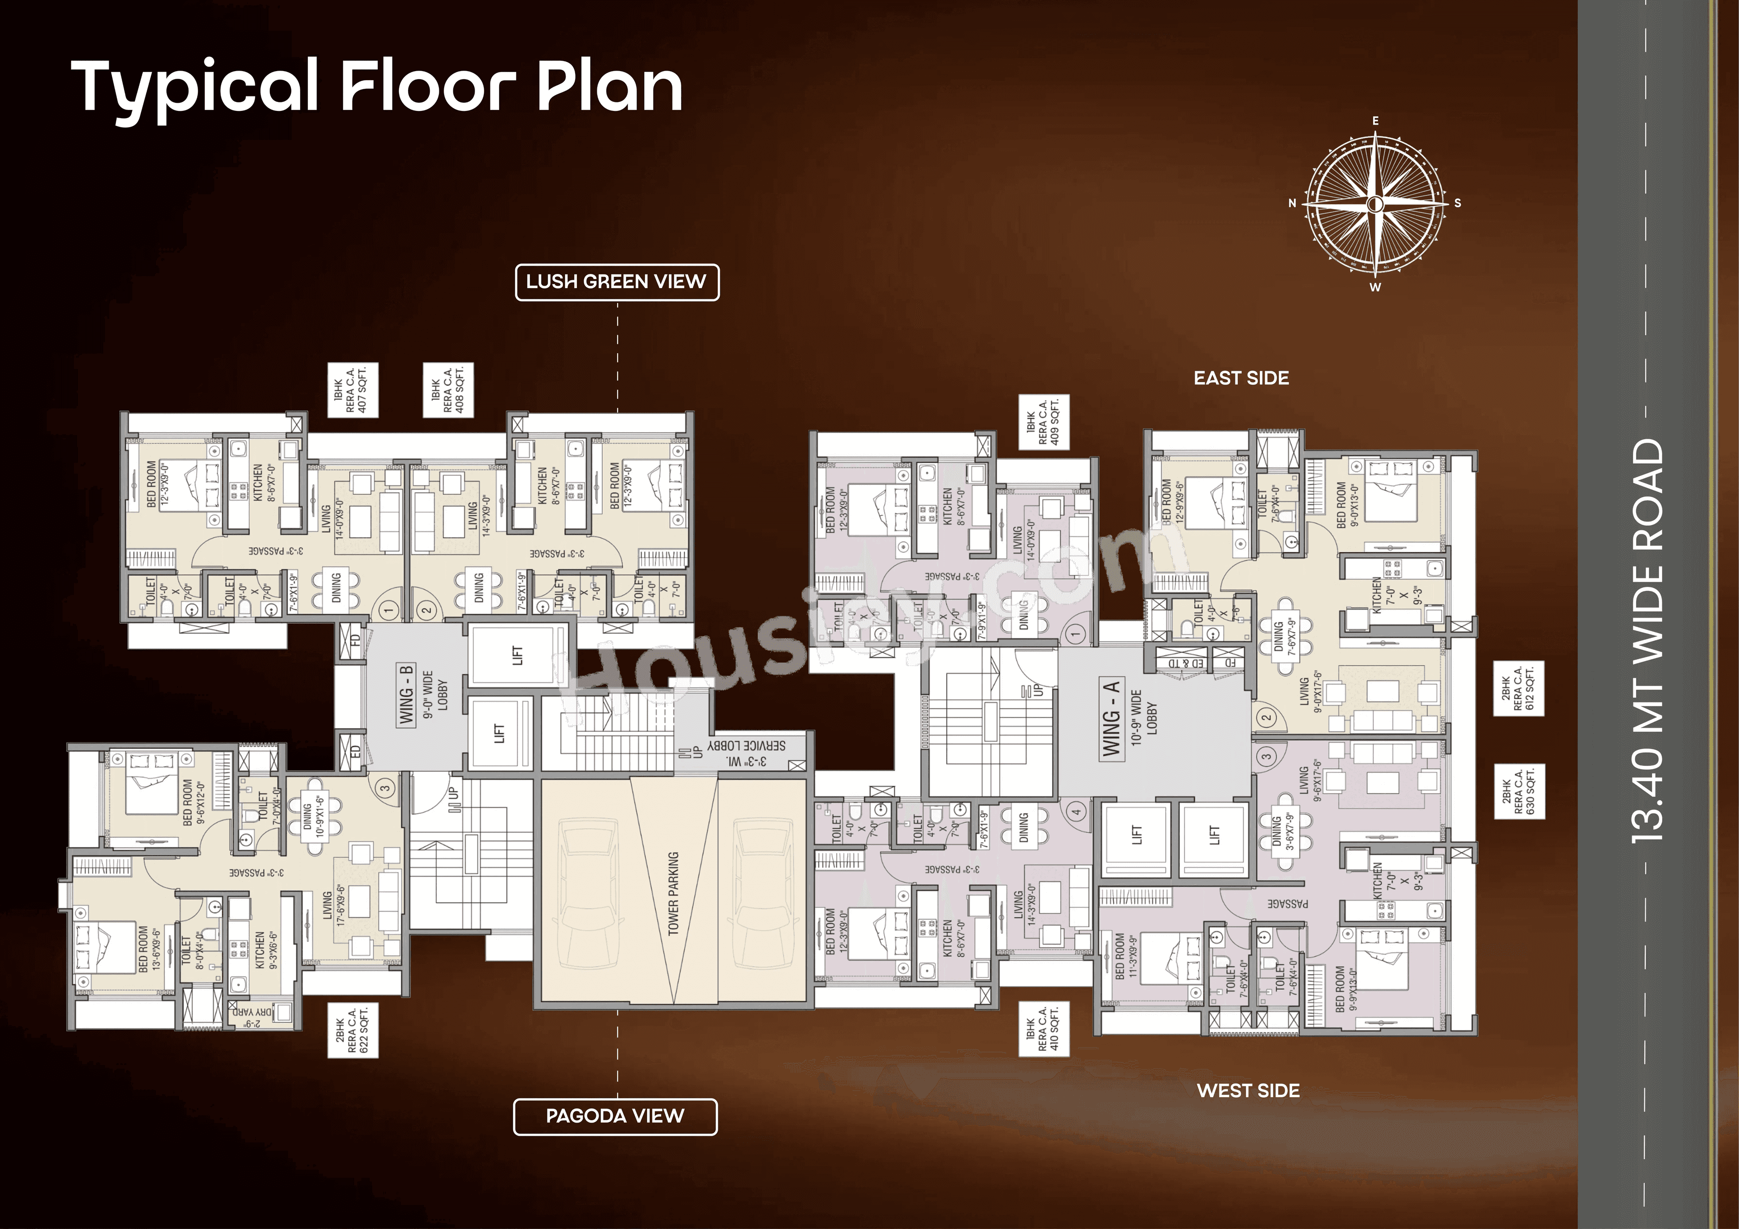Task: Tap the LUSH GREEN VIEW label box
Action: [x=616, y=282]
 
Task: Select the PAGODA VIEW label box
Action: [x=615, y=1116]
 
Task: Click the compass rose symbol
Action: [x=1375, y=203]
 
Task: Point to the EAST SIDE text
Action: [x=1241, y=378]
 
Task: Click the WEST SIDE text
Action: [x=1248, y=1090]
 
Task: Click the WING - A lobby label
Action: [x=1112, y=718]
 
